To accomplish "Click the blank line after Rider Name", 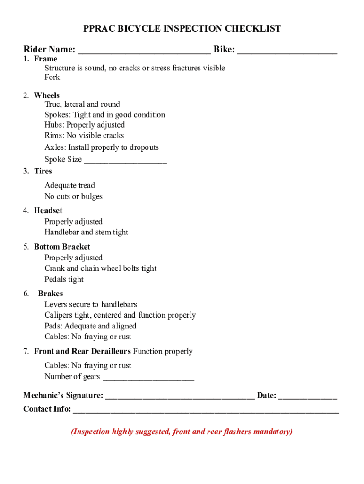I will point(144,50).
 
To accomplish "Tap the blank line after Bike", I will point(287,50).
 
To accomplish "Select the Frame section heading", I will point(45,59).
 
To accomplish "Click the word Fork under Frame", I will point(52,77).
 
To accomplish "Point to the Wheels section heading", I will point(47,95).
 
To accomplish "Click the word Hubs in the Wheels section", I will point(54,125).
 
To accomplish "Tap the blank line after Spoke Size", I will point(125,160).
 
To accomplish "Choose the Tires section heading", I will point(43,171).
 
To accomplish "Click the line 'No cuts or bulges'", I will point(73,196).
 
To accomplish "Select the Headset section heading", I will point(48,210).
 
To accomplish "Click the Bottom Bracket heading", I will point(62,247).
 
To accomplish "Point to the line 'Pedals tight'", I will point(64,279).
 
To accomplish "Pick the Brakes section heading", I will point(51,294).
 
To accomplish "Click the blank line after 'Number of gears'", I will point(148,377).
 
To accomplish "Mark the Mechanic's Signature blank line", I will point(180,396).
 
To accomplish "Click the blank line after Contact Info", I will point(205,410).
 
